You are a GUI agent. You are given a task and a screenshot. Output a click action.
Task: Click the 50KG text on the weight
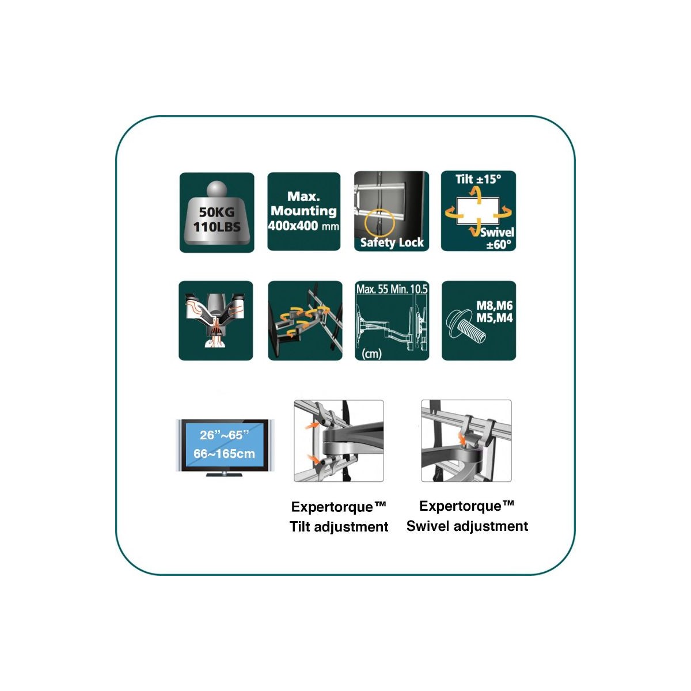click(x=217, y=212)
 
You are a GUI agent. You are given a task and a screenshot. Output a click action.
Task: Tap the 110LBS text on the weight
click(x=217, y=227)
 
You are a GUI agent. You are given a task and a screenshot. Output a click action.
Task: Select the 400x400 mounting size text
click(x=303, y=226)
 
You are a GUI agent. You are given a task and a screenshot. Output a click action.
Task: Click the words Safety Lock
click(x=392, y=243)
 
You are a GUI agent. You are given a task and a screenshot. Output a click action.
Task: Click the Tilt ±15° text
click(x=479, y=179)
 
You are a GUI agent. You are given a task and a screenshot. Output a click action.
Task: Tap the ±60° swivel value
click(x=499, y=245)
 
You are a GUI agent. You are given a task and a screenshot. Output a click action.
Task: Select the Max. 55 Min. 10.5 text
click(x=392, y=289)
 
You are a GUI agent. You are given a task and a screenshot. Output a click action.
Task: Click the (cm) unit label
click(x=371, y=354)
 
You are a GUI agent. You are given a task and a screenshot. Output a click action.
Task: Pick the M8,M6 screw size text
click(x=494, y=306)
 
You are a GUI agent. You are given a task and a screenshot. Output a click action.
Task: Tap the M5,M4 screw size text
click(x=494, y=318)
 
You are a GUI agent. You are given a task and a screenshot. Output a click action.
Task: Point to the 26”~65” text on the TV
click(x=224, y=435)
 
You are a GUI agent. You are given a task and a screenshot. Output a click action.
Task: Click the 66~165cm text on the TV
click(x=224, y=454)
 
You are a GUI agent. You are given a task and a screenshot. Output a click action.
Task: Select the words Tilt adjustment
click(x=339, y=527)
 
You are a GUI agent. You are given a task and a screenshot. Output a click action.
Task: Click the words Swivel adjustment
click(x=467, y=526)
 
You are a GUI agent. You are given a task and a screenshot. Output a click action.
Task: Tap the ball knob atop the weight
click(x=217, y=189)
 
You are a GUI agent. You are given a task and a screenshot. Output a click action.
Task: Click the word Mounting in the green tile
click(x=303, y=211)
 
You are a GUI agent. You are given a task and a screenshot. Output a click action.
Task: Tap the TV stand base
click(x=224, y=474)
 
